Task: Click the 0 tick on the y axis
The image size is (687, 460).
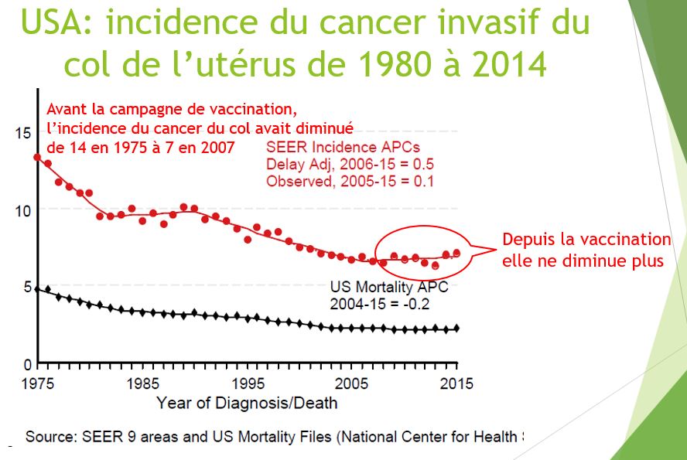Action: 27,364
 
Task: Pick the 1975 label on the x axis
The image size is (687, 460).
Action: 37,383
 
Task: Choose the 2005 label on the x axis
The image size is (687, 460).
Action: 353,383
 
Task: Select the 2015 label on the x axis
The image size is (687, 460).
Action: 456,383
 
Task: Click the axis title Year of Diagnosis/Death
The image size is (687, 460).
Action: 247,403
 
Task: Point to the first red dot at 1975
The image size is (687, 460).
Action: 37,158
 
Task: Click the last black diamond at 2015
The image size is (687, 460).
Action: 456,329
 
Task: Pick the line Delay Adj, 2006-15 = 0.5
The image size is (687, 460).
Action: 349,164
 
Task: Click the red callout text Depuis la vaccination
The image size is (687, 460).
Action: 586,240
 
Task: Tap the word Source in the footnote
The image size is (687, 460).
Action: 49,437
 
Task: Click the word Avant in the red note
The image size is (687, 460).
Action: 69,107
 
